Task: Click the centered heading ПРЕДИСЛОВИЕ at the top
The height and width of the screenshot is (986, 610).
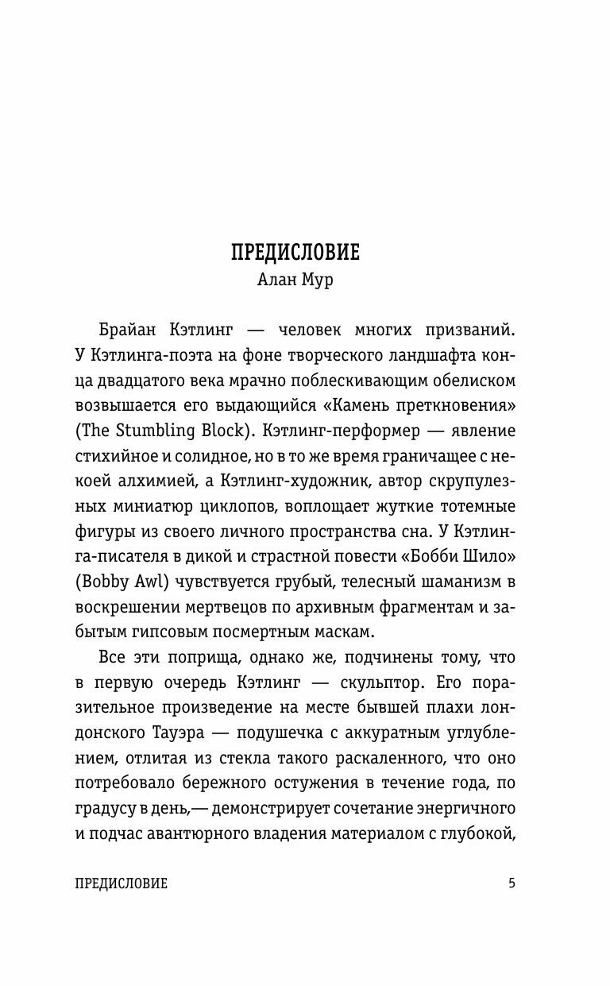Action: [x=295, y=253]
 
